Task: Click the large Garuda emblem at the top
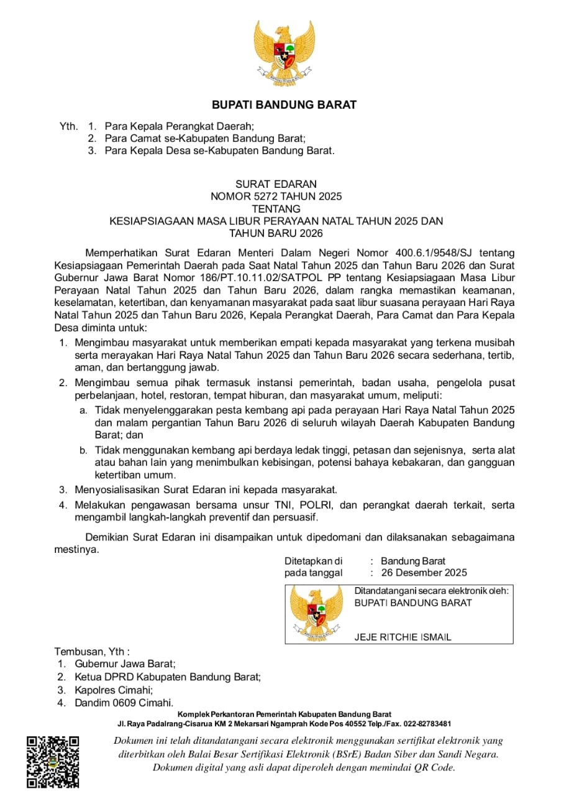[x=284, y=53]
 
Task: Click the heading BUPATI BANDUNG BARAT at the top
[x=284, y=104]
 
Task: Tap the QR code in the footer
[x=53, y=761]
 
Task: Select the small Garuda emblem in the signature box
[x=316, y=613]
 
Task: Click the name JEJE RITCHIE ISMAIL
[x=403, y=637]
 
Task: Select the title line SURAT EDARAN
[x=276, y=184]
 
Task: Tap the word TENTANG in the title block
[x=276, y=209]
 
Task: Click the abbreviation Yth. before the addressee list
[x=68, y=126]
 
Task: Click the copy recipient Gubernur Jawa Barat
[x=125, y=664]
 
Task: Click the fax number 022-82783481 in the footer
[x=425, y=724]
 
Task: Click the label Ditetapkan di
[x=313, y=561]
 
